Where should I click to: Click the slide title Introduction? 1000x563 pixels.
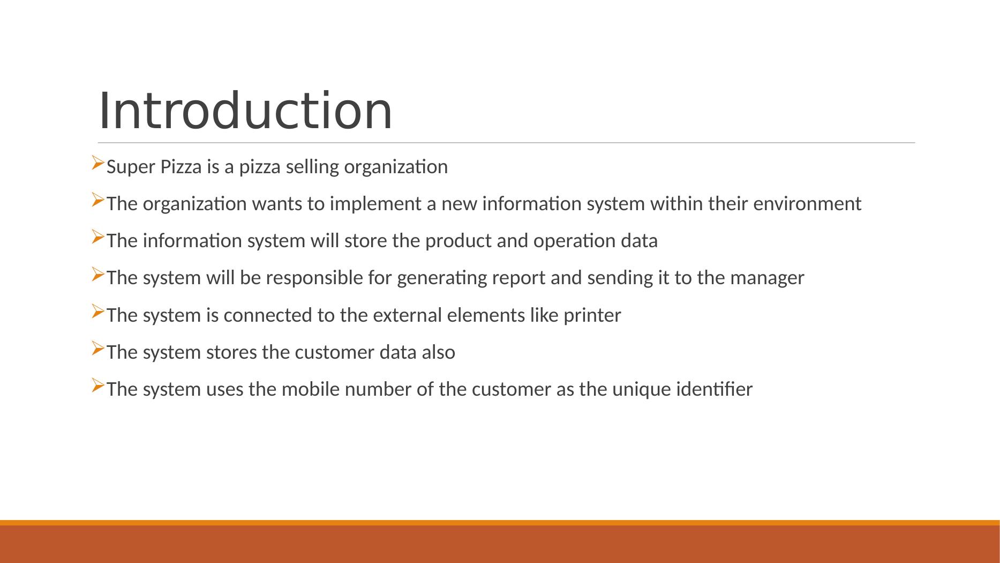(245, 110)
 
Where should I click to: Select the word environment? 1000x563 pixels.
(807, 204)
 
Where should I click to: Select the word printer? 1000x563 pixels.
(592, 315)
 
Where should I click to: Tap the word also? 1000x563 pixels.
(439, 352)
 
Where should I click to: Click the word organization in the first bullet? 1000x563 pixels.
(396, 168)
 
